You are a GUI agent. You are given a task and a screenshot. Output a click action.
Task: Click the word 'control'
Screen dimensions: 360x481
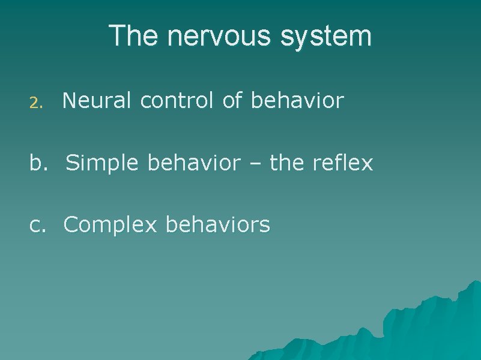click(x=177, y=101)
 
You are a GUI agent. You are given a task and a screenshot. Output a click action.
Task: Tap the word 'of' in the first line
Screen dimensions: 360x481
click(x=232, y=101)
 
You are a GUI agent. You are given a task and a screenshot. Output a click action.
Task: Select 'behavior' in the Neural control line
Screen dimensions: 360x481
click(x=297, y=101)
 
